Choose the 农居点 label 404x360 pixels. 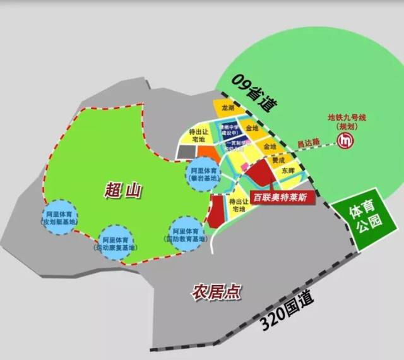click(217, 292)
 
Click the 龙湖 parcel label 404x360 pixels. click(229, 109)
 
